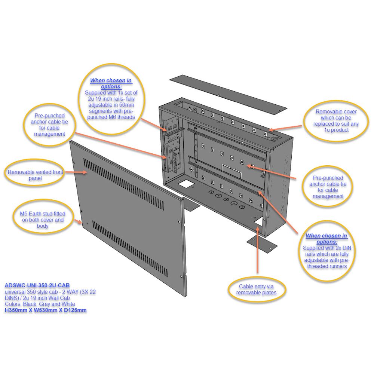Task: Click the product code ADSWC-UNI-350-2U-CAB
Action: click(37, 285)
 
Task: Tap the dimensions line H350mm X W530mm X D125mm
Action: click(46, 310)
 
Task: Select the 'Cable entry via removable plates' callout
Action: click(257, 289)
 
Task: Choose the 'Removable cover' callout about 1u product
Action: click(336, 121)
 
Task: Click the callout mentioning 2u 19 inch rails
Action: click(111, 99)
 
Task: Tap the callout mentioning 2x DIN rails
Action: click(327, 251)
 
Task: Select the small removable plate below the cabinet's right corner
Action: click(262, 245)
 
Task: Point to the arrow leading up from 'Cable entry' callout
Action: click(258, 250)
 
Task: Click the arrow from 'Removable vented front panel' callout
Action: click(76, 172)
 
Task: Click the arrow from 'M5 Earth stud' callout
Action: click(78, 221)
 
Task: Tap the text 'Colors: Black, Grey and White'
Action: click(40, 304)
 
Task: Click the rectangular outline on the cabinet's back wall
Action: click(232, 171)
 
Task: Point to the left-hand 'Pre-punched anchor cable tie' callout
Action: click(49, 125)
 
